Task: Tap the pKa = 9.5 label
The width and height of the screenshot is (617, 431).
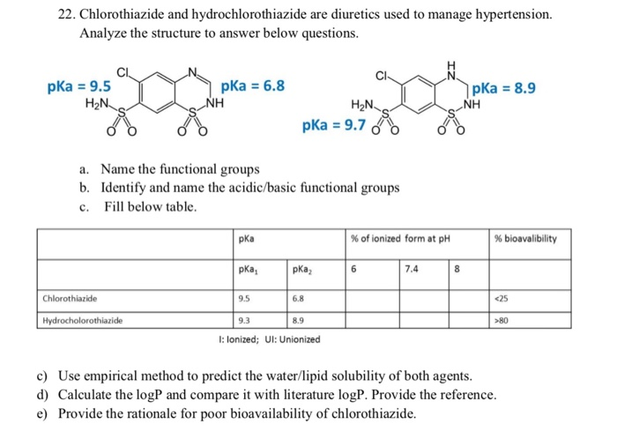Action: click(79, 86)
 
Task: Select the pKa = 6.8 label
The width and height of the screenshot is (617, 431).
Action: click(253, 86)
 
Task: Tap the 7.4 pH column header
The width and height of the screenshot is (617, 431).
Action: click(412, 269)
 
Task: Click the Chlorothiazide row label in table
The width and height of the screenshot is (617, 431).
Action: click(69, 298)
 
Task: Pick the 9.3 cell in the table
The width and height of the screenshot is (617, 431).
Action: click(244, 320)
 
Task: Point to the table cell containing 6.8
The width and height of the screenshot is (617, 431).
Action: click(299, 298)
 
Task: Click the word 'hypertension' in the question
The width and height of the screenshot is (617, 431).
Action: click(512, 16)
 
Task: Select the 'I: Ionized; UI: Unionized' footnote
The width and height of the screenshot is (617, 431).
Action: click(269, 339)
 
